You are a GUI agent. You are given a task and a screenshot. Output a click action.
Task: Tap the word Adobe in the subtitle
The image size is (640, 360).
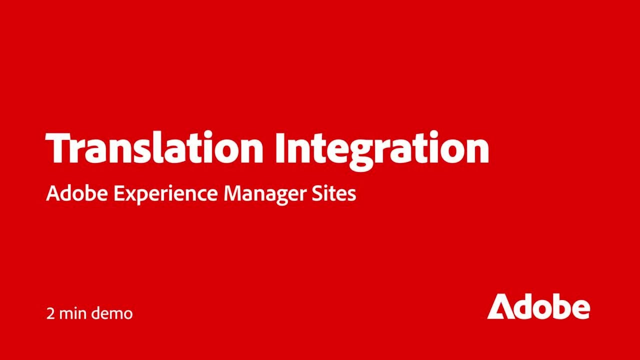coord(76,193)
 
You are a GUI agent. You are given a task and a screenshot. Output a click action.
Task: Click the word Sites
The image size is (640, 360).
coord(338,193)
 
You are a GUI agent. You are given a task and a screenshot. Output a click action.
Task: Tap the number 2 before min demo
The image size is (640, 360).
coord(50,314)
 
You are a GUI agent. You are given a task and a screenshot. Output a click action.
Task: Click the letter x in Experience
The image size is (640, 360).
coord(129,195)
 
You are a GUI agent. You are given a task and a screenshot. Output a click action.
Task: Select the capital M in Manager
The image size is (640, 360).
coord(231,193)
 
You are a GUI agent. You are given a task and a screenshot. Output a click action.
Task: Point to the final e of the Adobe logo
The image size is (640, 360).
coord(580,309)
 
